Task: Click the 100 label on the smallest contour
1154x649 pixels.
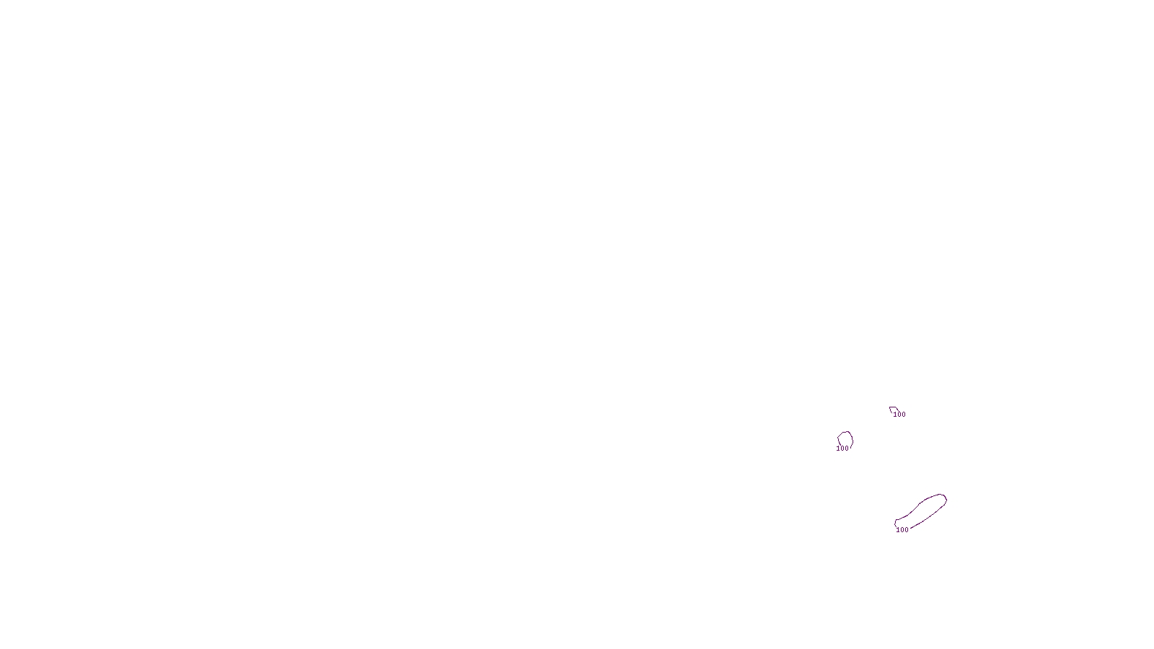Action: [899, 415]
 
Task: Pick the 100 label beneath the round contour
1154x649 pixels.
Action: [842, 449]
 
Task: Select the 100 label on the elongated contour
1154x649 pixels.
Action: [902, 530]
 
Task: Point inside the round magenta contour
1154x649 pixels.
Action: [845, 439]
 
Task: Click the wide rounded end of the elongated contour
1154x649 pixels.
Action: [941, 499]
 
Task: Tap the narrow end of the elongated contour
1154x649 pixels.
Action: [897, 523]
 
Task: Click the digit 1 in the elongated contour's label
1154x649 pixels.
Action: [898, 530]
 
